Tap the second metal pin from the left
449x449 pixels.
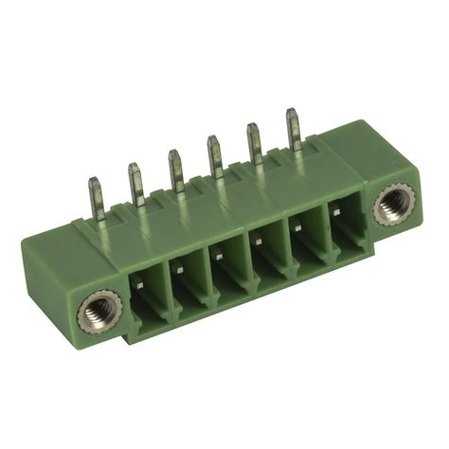click(x=135, y=180)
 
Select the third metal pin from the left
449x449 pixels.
click(x=175, y=167)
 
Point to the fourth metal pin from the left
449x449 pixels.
click(x=214, y=154)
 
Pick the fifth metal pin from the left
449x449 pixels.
click(x=254, y=142)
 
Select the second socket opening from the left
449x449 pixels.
click(x=188, y=281)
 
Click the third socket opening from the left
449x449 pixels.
click(x=228, y=268)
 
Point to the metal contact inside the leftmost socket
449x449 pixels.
click(x=138, y=276)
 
